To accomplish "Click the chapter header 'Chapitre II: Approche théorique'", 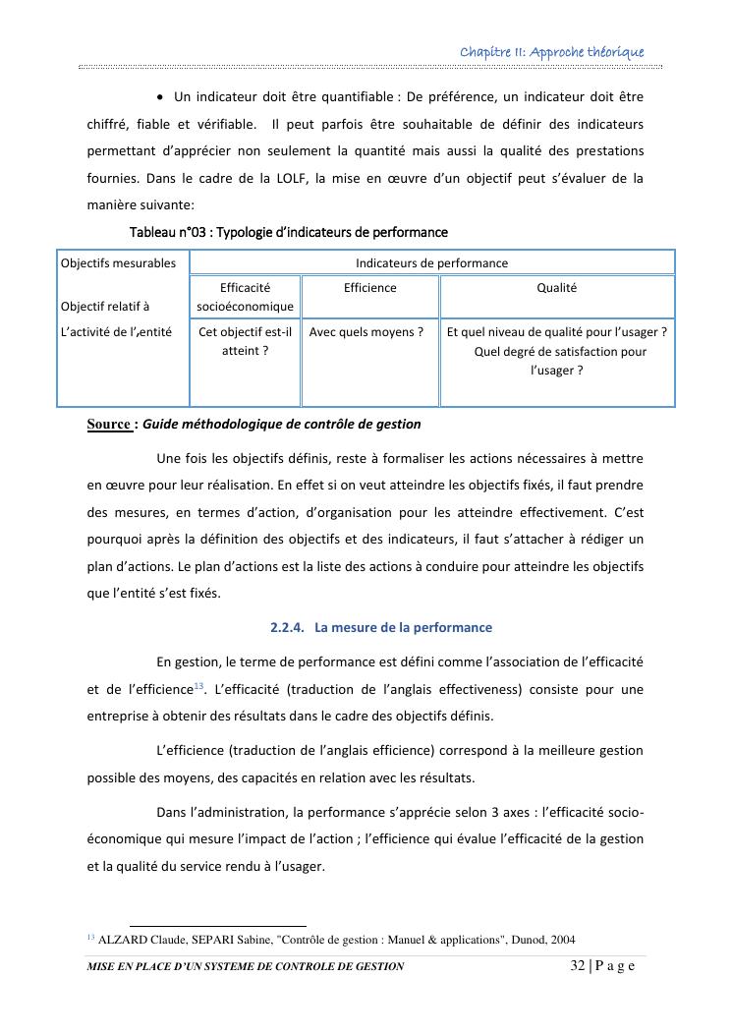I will (552, 51).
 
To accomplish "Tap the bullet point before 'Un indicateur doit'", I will (161, 97).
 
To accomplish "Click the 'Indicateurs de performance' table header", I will (431, 263).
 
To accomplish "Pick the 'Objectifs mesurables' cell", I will (118, 263).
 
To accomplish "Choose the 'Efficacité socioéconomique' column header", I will (245, 297).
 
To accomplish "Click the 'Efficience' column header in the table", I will (370, 288).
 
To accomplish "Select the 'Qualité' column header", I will (556, 288).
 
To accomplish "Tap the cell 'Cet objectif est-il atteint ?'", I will (245, 341).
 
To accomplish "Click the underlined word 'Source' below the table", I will (108, 425).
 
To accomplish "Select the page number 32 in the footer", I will (577, 967).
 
